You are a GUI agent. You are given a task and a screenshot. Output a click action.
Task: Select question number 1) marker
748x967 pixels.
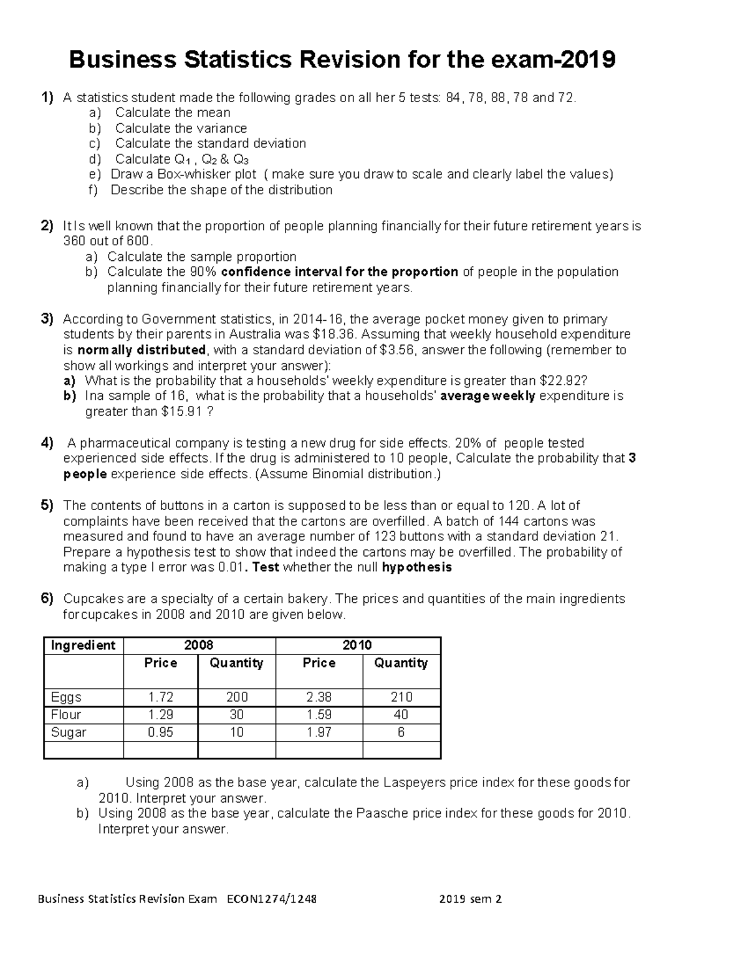[47, 97]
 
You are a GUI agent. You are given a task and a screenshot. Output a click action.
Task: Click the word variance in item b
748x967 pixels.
[222, 128]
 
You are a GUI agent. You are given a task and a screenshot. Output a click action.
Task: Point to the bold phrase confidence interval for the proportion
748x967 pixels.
[340, 272]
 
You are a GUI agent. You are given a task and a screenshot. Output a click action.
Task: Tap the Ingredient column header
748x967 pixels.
[83, 645]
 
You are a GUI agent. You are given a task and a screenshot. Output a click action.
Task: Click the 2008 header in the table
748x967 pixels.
[199, 645]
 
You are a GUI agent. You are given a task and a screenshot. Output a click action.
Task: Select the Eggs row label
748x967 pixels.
[66, 697]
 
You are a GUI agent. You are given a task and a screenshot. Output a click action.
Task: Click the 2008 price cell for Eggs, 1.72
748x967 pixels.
[160, 697]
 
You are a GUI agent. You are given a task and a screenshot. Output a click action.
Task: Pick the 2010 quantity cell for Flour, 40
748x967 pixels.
[401, 715]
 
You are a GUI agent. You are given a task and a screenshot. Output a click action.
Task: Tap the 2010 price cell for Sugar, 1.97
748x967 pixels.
[319, 732]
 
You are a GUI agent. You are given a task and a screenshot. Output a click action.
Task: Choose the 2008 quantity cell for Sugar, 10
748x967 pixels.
[236, 732]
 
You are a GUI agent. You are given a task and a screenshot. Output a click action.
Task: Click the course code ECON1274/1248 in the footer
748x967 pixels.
[272, 899]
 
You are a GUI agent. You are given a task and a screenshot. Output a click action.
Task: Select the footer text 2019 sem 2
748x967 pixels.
[470, 899]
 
